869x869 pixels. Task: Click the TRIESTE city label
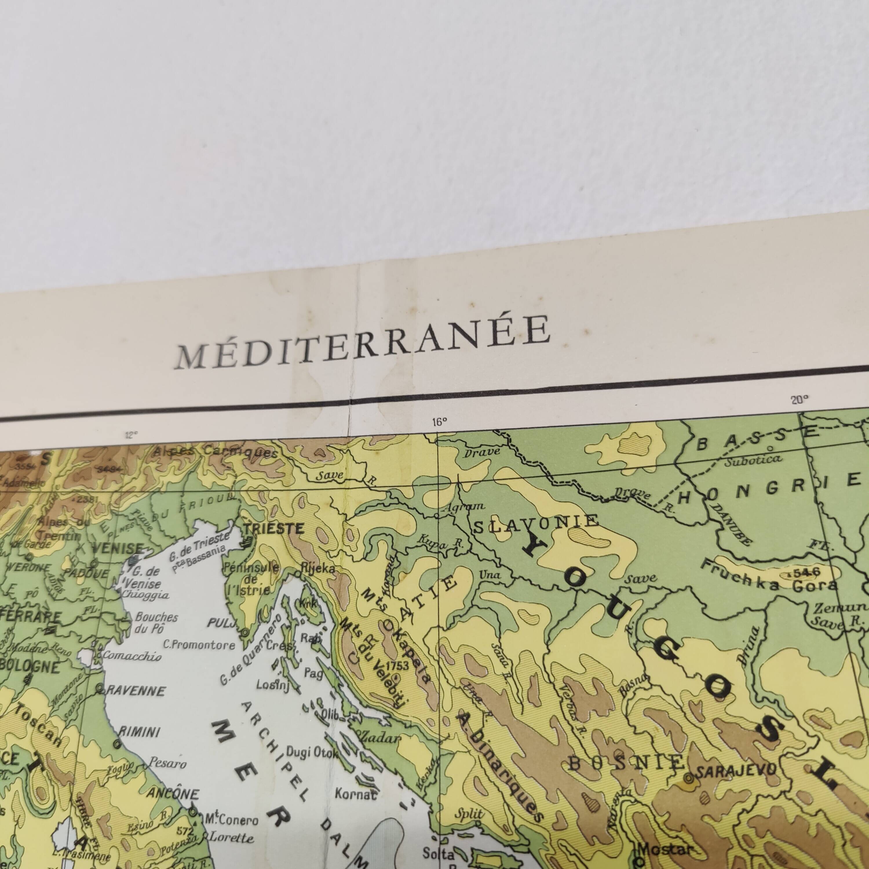click(273, 528)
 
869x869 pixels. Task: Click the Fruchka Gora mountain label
click(769, 578)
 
